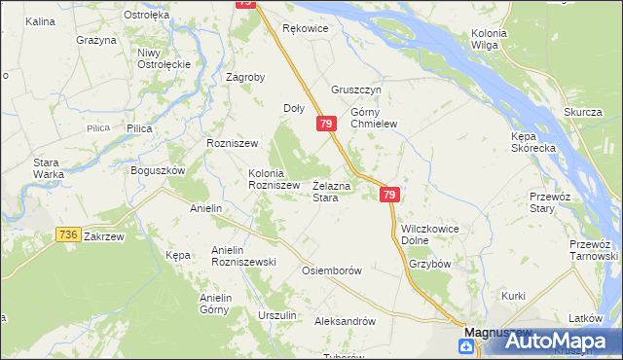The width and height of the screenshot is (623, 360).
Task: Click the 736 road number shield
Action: click(67, 234)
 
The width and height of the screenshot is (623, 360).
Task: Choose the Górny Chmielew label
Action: click(375, 117)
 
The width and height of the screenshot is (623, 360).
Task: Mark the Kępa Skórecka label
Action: click(533, 142)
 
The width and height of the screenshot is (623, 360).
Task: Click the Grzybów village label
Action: click(429, 263)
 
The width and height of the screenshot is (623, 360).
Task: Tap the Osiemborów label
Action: click(333, 270)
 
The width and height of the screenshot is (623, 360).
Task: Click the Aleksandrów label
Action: click(346, 320)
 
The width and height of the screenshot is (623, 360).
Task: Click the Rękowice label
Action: click(305, 29)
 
